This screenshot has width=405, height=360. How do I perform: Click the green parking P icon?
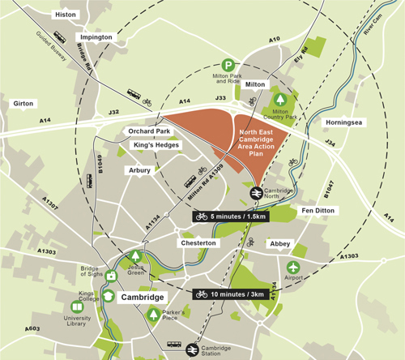coord(231,64)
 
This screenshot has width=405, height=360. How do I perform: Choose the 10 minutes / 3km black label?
coord(234,294)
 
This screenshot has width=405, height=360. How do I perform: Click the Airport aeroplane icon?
coord(293,268)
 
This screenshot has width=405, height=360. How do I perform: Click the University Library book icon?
coord(78,307)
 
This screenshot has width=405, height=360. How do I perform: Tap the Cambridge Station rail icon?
coord(194,349)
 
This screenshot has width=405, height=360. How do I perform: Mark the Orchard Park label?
coord(147,131)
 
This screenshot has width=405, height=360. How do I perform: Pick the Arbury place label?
coord(139,170)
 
